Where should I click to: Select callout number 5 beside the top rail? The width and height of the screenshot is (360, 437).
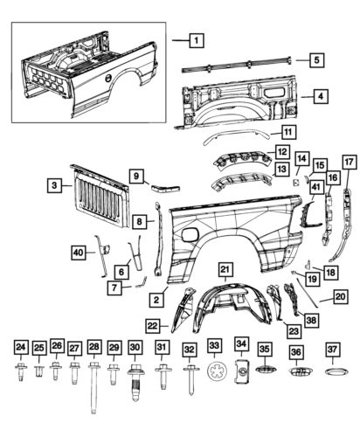pos(316,60)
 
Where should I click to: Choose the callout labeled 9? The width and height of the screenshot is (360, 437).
pos(136,177)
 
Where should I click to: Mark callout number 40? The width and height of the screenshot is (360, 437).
pos(79,253)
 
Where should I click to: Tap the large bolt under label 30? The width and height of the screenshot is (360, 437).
pos(136,381)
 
